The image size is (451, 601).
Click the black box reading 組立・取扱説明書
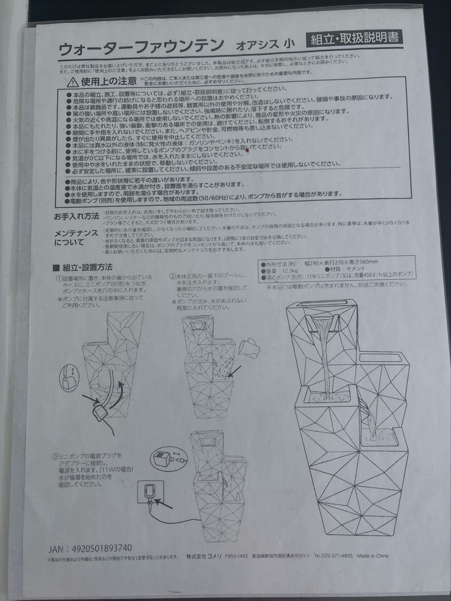click(x=354, y=39)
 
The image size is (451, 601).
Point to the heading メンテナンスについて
click(x=76, y=237)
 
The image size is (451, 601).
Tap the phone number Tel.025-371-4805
click(x=333, y=556)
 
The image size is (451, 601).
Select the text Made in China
click(x=372, y=556)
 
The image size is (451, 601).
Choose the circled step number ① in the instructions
click(x=58, y=278)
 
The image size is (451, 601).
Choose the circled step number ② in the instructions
click(x=173, y=276)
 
